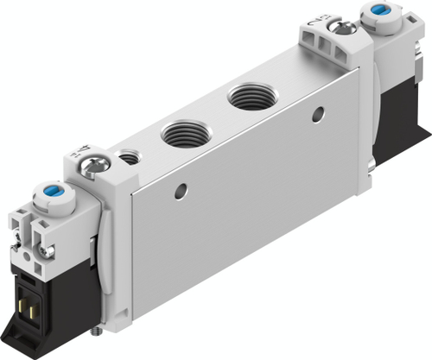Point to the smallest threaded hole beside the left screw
click(x=130, y=158)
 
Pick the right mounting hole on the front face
click(x=321, y=113)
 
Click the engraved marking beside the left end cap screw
click(x=75, y=154)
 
